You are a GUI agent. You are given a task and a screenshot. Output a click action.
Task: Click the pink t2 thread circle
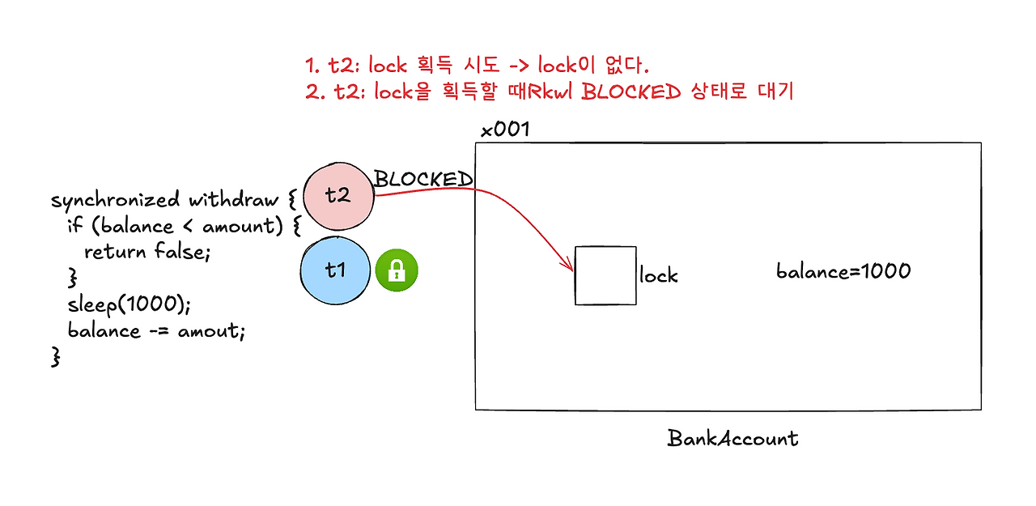point(339,196)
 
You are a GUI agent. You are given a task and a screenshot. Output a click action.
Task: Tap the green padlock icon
point(397,270)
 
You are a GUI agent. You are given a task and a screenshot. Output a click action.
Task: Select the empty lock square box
point(605,275)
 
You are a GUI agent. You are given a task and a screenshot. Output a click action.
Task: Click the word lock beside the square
point(658,276)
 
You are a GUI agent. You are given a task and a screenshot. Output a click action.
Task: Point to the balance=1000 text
point(843,271)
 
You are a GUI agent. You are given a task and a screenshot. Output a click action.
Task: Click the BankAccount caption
point(732,439)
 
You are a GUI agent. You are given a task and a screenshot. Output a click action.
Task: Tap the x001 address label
point(505,130)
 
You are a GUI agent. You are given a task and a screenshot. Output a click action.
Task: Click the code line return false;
point(146,252)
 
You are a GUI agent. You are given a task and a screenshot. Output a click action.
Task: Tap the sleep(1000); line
point(129,304)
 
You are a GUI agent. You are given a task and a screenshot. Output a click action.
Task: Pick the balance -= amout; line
point(155,330)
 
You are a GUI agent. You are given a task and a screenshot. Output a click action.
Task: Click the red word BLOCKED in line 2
point(631,91)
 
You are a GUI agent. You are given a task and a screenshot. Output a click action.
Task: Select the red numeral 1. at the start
point(314,65)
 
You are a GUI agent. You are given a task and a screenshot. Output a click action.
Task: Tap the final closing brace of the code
point(56,357)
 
